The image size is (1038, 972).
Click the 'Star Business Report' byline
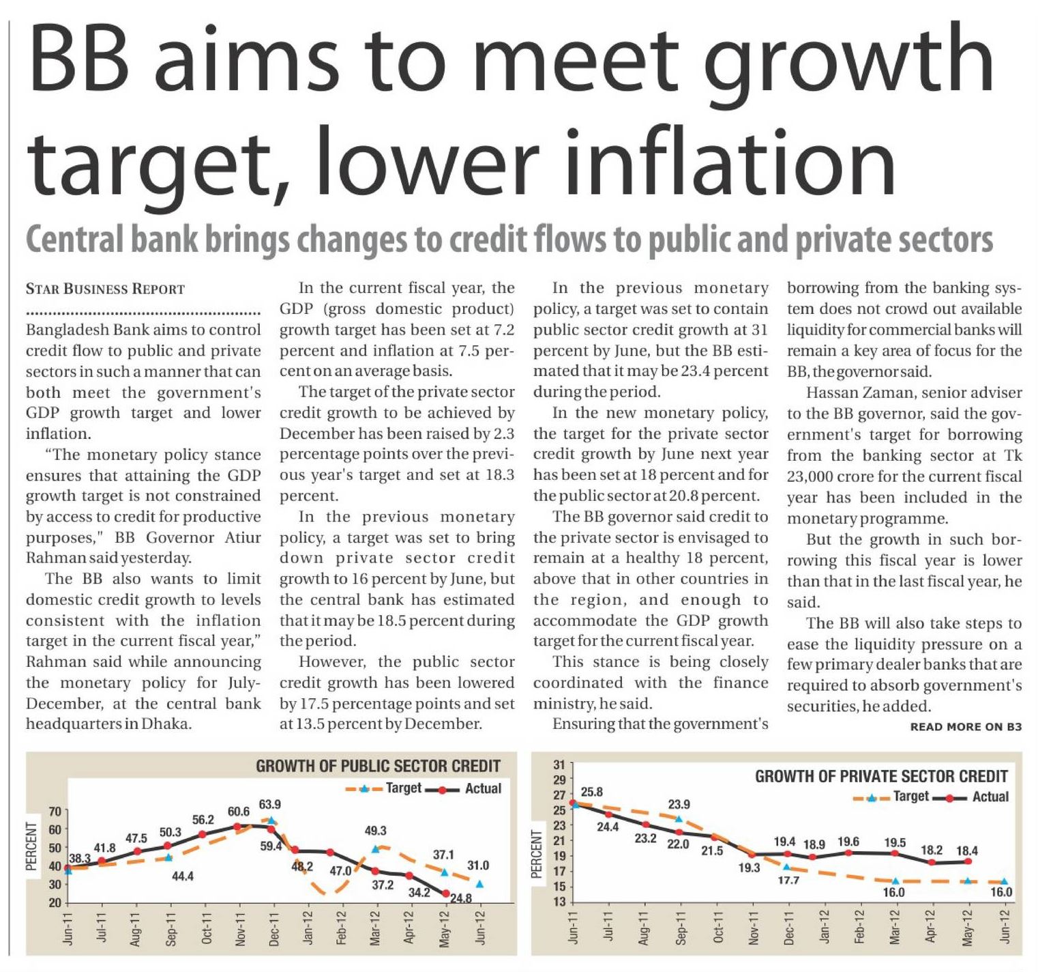click(x=105, y=289)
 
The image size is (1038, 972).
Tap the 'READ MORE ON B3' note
click(x=966, y=727)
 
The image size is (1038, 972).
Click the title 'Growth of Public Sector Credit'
click(x=378, y=766)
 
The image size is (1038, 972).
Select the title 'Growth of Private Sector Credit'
click(x=880, y=776)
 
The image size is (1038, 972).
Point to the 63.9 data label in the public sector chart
click(x=270, y=804)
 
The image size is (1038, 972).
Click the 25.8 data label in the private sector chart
click(x=591, y=792)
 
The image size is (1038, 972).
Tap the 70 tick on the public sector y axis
click(x=55, y=812)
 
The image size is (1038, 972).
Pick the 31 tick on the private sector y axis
click(x=559, y=764)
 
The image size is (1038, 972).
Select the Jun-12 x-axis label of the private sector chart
click(x=1004, y=926)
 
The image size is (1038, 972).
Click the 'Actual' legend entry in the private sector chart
click(x=990, y=797)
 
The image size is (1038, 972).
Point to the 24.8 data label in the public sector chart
click(x=461, y=898)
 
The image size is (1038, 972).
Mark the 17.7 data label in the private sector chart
click(x=788, y=881)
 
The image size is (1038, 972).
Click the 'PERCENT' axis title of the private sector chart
click(x=536, y=854)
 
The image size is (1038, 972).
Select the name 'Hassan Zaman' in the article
click(x=846, y=392)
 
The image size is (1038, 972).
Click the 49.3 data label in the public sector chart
click(x=375, y=831)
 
